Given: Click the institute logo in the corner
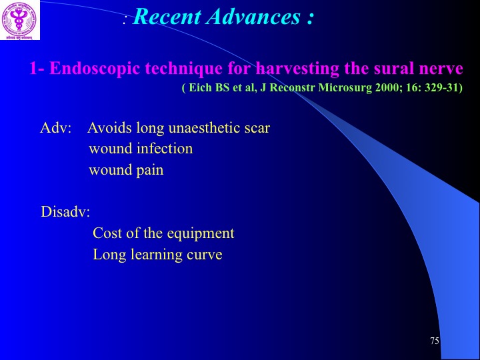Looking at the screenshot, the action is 20,20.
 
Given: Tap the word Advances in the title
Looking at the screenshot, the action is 253,17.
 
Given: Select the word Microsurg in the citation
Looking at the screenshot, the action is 345,88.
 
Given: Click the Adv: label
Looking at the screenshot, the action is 55,128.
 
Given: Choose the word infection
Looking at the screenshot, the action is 165,149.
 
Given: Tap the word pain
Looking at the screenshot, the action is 150,170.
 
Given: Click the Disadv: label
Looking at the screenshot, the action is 65,211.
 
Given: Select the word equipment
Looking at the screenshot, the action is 201,234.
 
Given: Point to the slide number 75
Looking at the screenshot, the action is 435,341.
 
